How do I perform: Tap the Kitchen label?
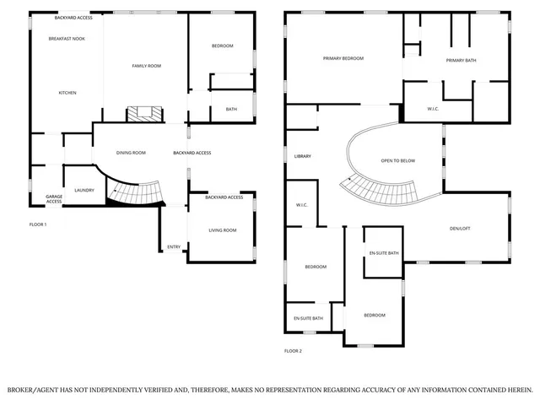[x=67, y=93]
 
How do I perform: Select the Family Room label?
[x=145, y=66]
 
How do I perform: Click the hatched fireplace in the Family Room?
[x=142, y=114]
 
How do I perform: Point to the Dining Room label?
[x=131, y=153]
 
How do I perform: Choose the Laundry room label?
[x=84, y=190]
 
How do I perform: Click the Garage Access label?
[x=54, y=199]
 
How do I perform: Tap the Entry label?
[x=174, y=247]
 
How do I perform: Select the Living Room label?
[x=223, y=230]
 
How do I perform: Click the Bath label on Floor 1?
[x=231, y=109]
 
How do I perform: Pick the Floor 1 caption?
[x=38, y=224]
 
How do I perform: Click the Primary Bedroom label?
[x=343, y=58]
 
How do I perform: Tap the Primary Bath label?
[x=462, y=60]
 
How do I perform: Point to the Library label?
[x=303, y=157]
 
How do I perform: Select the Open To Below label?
[x=397, y=160]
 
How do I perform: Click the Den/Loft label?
[x=460, y=228]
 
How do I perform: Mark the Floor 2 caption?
[x=293, y=350]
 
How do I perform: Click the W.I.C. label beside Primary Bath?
[x=432, y=108]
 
